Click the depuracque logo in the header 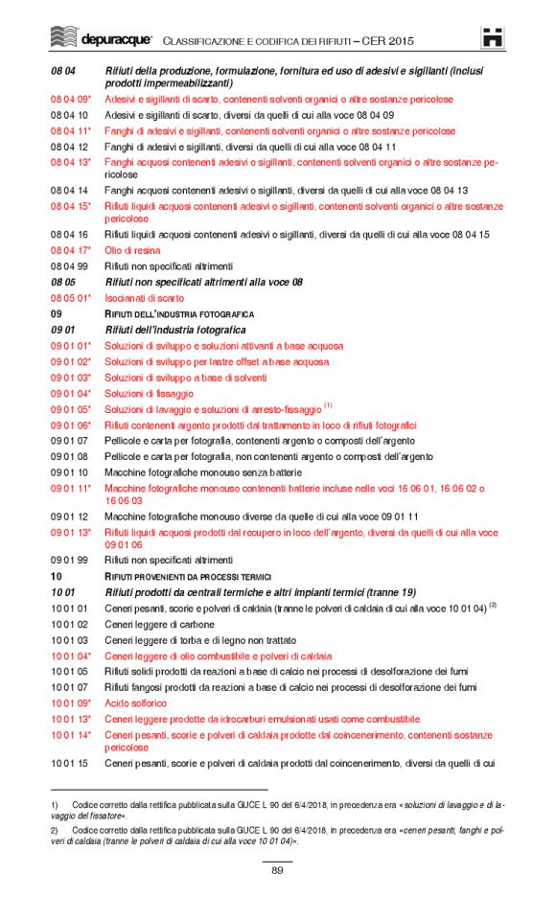[100, 39]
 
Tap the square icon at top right [493, 38]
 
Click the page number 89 [277, 869]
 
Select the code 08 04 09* [71, 99]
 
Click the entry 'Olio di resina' [133, 250]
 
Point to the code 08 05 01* [71, 298]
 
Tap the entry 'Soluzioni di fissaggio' [149, 393]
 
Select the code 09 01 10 [69, 472]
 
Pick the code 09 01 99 [69, 560]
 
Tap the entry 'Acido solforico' [135, 703]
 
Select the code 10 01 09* [71, 703]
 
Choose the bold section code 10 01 [63, 592]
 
